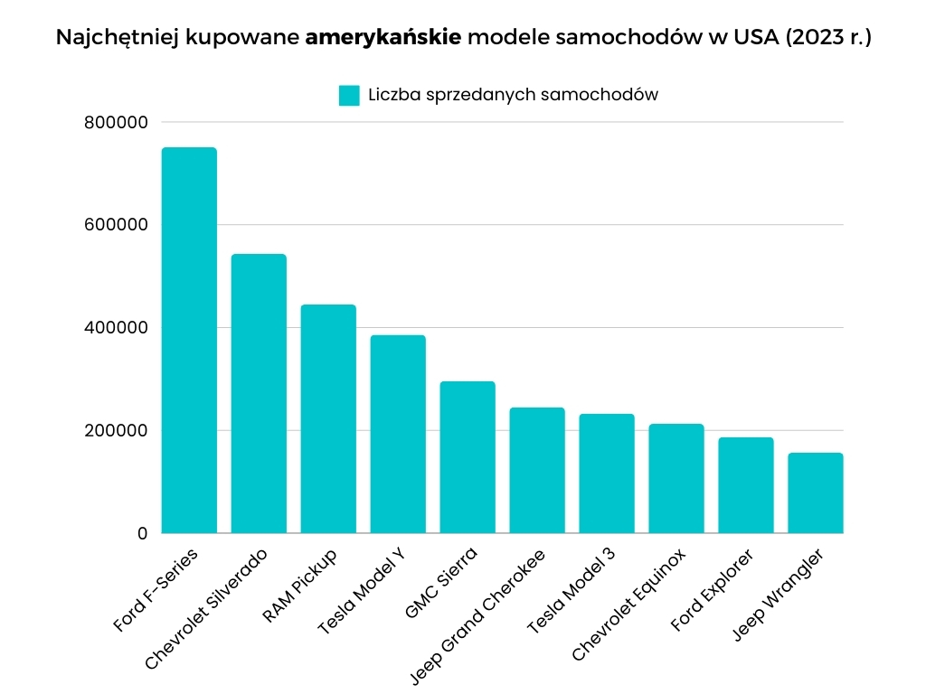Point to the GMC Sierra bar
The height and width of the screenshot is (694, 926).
(x=468, y=457)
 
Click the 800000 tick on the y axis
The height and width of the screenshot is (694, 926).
(x=116, y=122)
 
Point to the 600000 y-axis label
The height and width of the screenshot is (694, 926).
(x=116, y=225)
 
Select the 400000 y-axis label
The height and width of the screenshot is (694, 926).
(x=116, y=328)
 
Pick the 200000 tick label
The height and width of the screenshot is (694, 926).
(x=116, y=431)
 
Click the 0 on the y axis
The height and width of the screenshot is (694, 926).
(x=142, y=533)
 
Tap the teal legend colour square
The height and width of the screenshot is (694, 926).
(x=349, y=95)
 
